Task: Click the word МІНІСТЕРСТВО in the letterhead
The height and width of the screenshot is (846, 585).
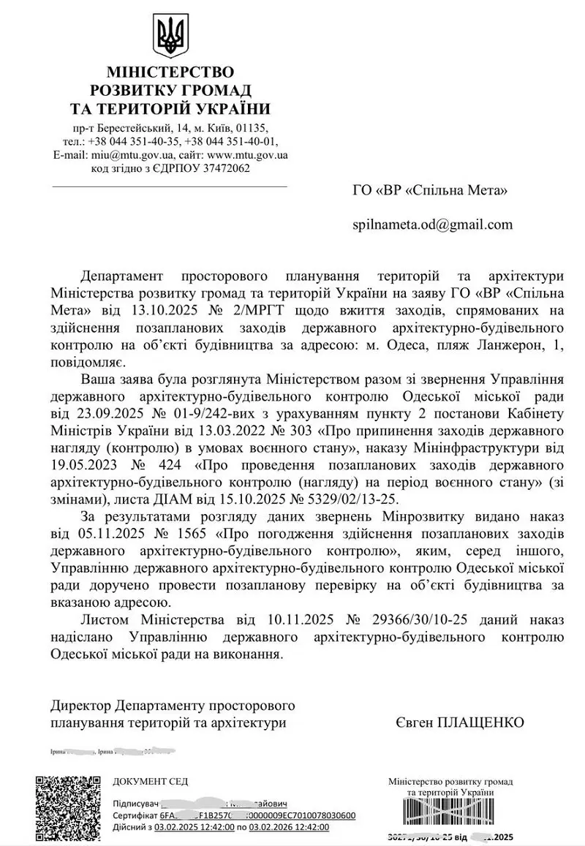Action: coord(170,72)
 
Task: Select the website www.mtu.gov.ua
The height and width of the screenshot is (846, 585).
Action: coord(248,155)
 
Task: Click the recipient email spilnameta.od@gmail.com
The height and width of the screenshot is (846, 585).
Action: coord(432,224)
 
